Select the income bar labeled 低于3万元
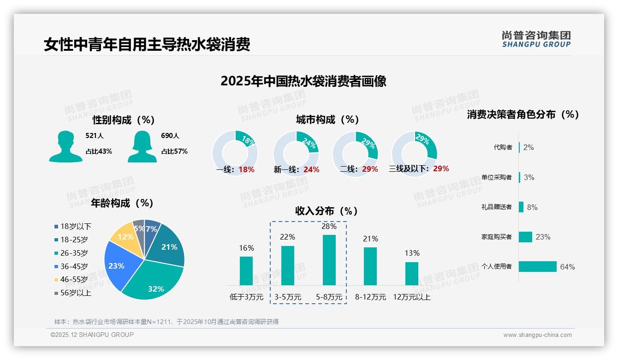246,271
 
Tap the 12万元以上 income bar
412,274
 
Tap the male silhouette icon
66,146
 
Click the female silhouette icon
142,146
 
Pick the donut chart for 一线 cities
235,153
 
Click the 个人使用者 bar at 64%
538,266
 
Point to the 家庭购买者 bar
526,237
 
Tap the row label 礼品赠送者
496,207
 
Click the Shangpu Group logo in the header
536,39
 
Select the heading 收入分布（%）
327,211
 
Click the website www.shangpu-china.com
537,335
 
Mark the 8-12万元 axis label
370,297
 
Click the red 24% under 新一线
311,170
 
